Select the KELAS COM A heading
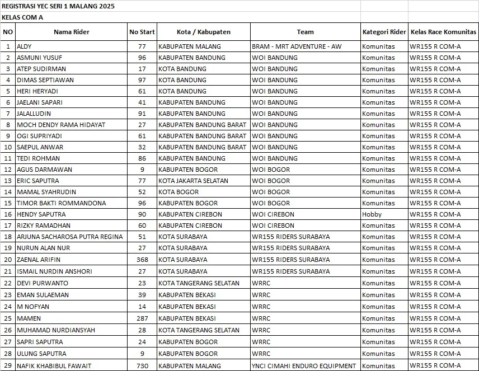22,17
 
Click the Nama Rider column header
71,32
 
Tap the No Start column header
142,32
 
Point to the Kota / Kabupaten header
203,32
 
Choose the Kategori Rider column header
384,32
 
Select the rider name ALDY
25,46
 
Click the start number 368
142,260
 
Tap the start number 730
142,366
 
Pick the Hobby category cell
372,214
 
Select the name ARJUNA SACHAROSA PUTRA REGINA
69,237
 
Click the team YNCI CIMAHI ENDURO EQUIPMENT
304,366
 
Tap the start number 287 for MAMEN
142,318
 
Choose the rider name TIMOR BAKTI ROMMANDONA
61,203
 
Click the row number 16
8,214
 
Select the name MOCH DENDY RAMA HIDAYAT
61,125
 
